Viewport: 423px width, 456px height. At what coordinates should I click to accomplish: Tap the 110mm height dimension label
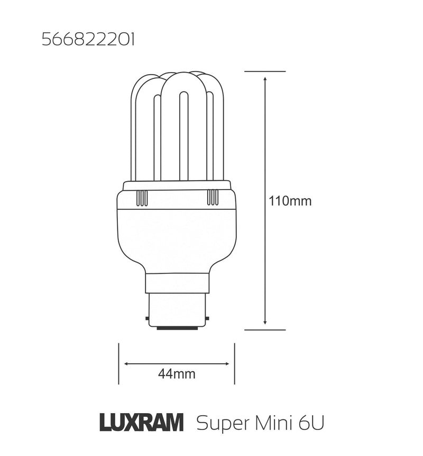290,201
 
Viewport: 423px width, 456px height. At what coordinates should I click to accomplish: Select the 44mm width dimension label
177,374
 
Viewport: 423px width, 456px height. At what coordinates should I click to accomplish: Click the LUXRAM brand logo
142,423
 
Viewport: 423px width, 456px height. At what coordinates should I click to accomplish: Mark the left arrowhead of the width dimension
126,364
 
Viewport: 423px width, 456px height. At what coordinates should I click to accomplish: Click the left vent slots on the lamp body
142,198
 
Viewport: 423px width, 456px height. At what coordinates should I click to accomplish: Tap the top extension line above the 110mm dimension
265,71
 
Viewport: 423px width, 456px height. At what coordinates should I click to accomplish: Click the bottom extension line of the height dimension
265,329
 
